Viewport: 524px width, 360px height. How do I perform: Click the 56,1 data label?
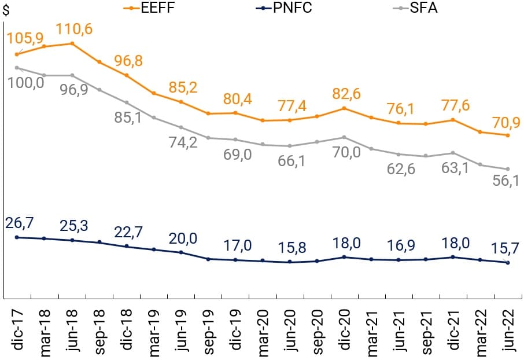pos(506,181)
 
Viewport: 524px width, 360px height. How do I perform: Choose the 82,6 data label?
pos(345,93)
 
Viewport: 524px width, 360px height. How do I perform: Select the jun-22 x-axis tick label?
pos(507,329)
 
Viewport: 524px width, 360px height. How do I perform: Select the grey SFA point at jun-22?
pos(507,169)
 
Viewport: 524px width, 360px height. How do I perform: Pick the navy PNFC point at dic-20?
pos(344,257)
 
